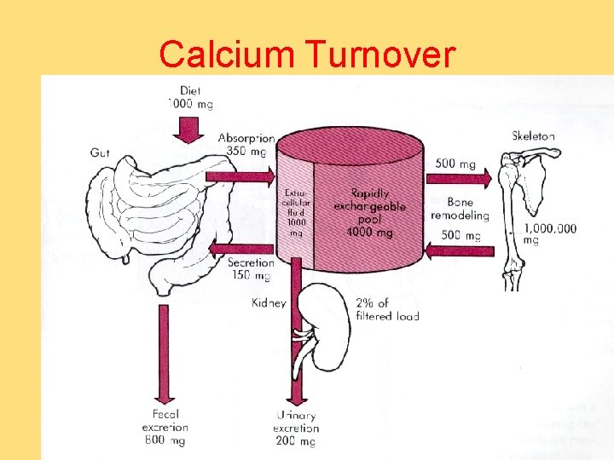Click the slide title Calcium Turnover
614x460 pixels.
[307, 55]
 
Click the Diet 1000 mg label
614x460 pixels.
[190, 97]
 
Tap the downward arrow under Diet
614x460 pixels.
[189, 129]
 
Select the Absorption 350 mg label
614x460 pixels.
[246, 144]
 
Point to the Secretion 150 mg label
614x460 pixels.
[250, 269]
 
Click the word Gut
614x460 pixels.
[100, 152]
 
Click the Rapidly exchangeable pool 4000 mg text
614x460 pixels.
[369, 212]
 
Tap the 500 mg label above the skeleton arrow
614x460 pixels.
[455, 164]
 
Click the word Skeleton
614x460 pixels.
[533, 135]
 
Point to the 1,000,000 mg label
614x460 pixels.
[549, 233]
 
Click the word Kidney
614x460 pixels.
[269, 302]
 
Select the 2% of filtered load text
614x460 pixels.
[385, 309]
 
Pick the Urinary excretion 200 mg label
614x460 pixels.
[296, 428]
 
